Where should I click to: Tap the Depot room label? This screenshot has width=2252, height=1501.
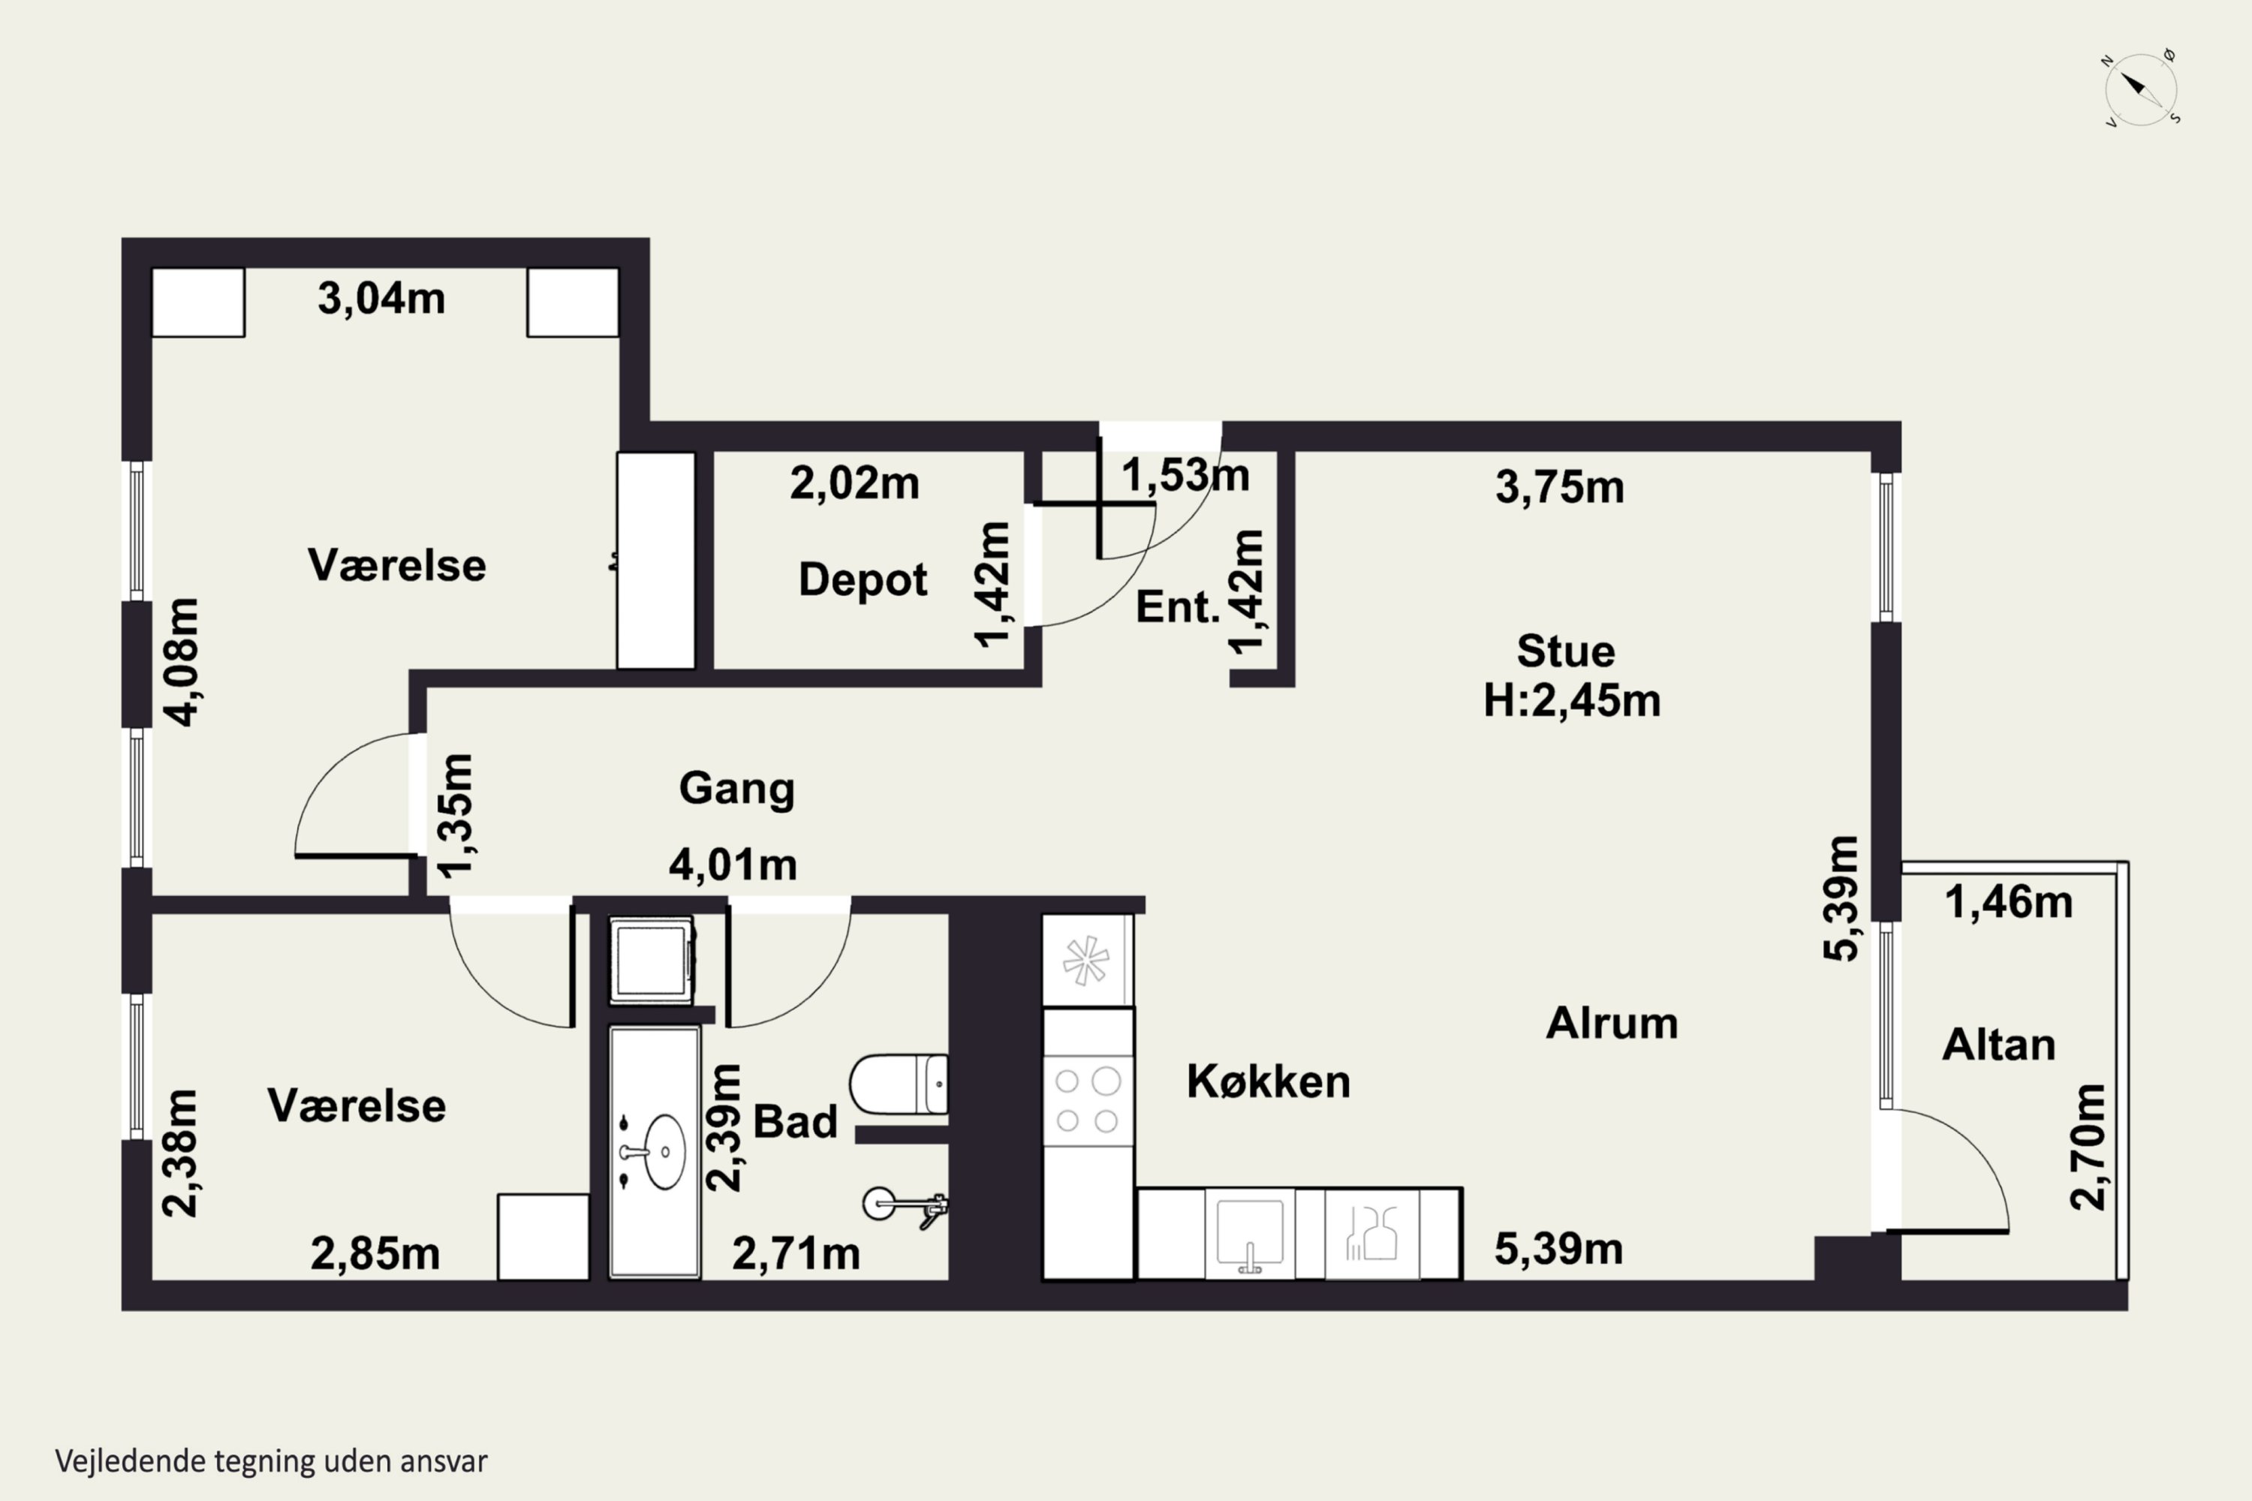pyautogui.click(x=863, y=580)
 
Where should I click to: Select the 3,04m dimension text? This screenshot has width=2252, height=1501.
pyautogui.click(x=381, y=299)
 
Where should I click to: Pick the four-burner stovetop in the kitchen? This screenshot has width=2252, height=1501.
pyautogui.click(x=1088, y=1100)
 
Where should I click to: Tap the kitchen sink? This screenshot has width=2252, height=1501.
pyautogui.click(x=1250, y=1233)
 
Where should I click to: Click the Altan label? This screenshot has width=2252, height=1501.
pyautogui.click(x=1998, y=1045)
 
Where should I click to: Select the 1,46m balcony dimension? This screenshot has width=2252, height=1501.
pyautogui.click(x=2009, y=903)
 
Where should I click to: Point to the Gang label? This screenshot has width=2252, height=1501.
pyautogui.click(x=737, y=789)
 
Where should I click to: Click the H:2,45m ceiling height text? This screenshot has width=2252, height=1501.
pyautogui.click(x=1571, y=701)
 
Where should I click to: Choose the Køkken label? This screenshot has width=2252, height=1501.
pyautogui.click(x=1269, y=1081)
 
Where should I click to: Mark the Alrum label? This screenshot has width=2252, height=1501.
pyautogui.click(x=1612, y=1024)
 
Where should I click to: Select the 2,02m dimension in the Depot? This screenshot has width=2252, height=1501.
pyautogui.click(x=854, y=483)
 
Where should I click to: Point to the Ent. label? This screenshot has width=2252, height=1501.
pyautogui.click(x=1178, y=607)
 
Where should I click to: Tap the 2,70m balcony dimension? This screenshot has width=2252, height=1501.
pyautogui.click(x=2088, y=1147)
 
